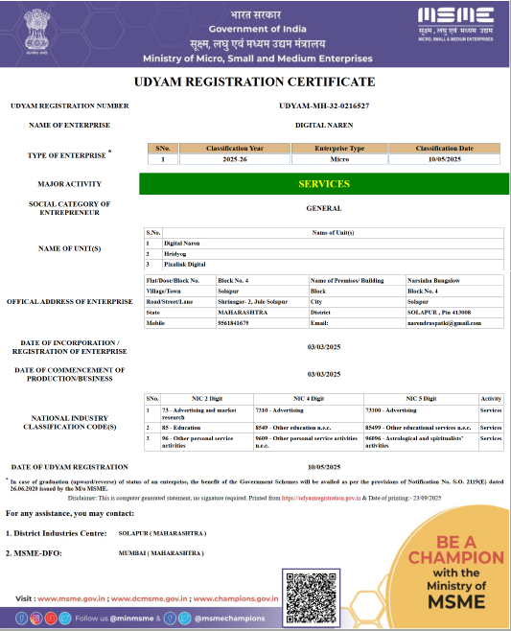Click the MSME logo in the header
455,20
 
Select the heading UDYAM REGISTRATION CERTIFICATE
254,82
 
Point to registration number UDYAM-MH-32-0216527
324,105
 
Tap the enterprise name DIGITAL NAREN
324,125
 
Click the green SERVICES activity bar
324,183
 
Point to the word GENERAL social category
324,208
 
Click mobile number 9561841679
234,323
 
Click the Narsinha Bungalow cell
434,280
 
